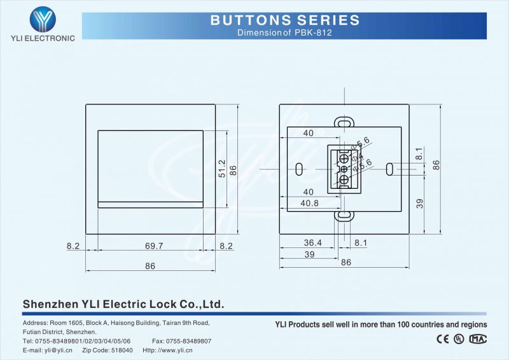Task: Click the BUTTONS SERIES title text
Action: (285, 20)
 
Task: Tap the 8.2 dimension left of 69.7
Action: (74, 246)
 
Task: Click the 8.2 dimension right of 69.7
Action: (226, 246)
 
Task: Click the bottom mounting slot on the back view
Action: (344, 216)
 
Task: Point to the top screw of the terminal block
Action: (344, 157)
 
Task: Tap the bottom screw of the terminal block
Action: (344, 180)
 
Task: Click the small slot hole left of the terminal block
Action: (299, 169)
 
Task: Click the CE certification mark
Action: (442, 339)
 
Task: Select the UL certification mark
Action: (459, 339)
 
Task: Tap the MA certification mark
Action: (478, 339)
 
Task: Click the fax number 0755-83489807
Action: (190, 341)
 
